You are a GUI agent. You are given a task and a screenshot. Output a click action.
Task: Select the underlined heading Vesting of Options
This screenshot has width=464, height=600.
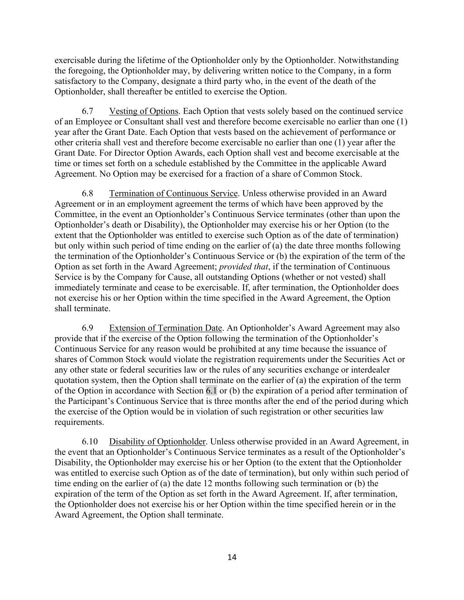[143, 111]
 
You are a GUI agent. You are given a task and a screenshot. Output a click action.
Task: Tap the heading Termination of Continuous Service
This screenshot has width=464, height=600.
[173, 193]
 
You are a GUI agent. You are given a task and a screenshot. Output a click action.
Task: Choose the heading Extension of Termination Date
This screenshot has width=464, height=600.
[165, 328]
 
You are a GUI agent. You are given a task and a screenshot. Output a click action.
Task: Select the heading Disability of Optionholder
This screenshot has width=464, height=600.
[157, 442]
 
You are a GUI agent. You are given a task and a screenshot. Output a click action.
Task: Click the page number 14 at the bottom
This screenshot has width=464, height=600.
[232, 557]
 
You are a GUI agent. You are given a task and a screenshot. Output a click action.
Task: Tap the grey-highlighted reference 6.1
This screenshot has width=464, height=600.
[211, 391]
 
